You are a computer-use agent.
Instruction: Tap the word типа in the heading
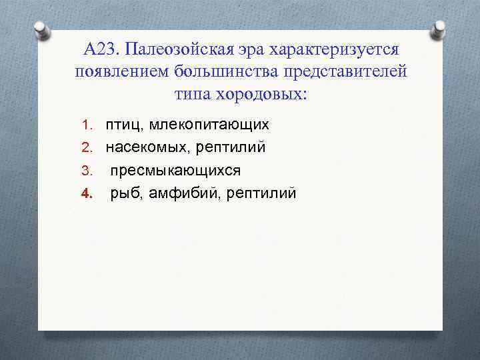point(193,93)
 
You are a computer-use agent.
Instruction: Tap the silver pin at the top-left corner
point(40,30)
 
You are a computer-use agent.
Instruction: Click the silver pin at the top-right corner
point(439,30)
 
